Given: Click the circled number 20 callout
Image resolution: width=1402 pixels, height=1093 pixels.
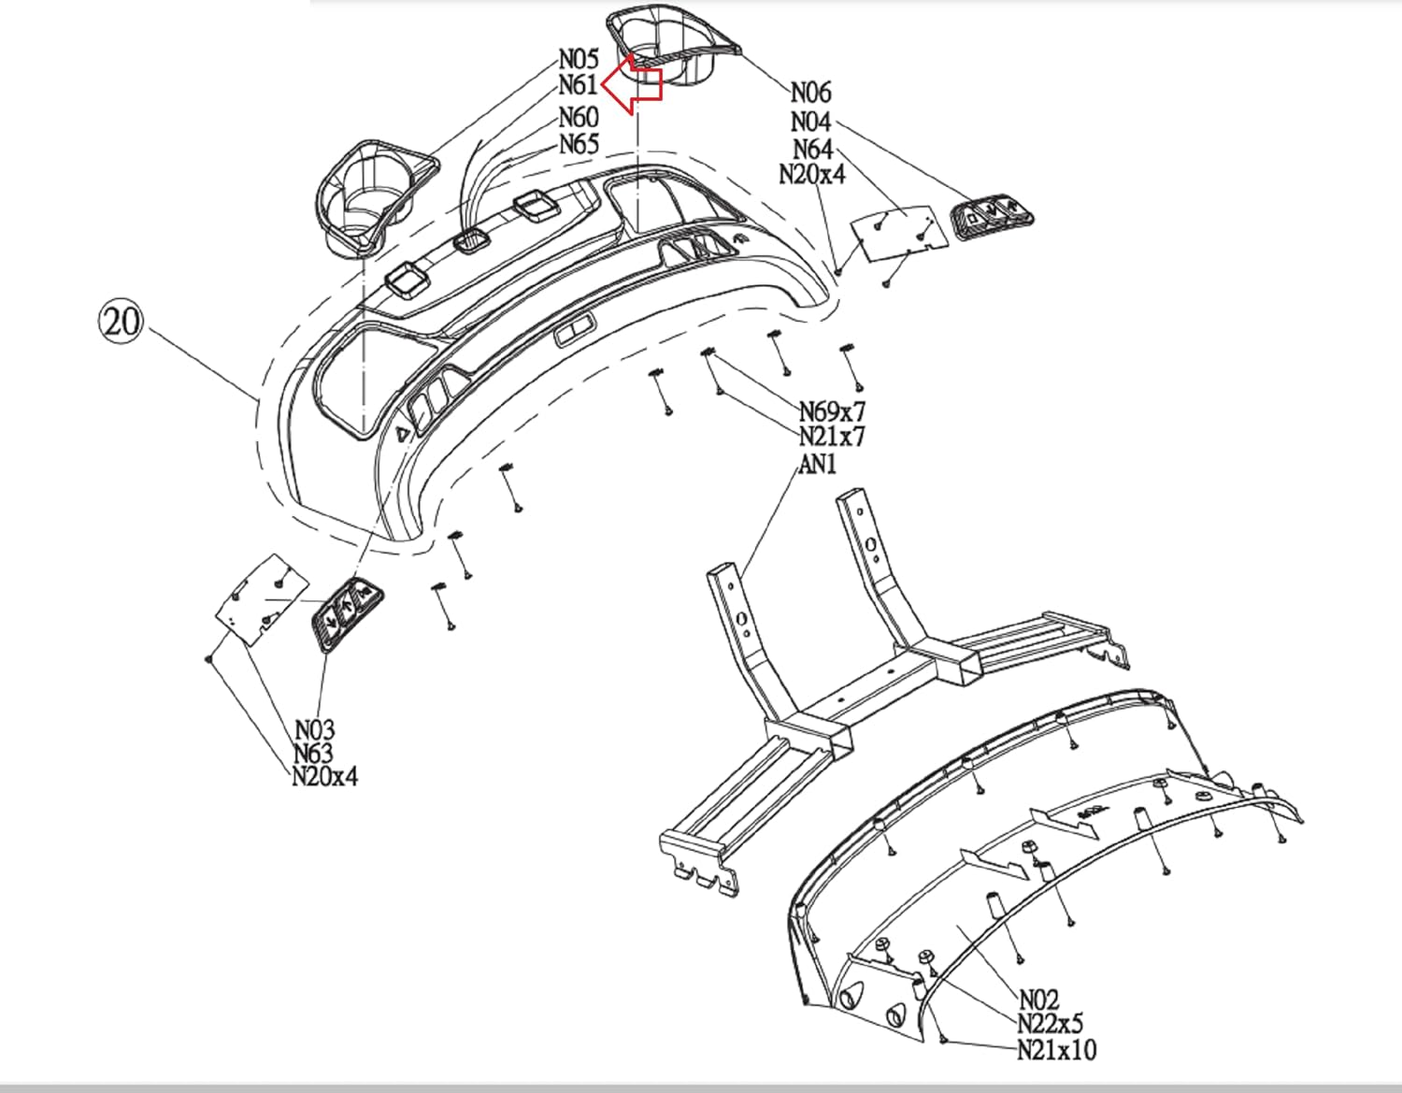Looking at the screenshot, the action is pyautogui.click(x=121, y=322).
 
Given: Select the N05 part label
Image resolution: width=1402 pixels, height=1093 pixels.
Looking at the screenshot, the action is pyautogui.click(x=579, y=60).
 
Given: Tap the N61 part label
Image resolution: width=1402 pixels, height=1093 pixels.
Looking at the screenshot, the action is pyautogui.click(x=579, y=85).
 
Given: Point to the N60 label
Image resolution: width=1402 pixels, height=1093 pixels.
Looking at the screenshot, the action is pyautogui.click(x=579, y=118).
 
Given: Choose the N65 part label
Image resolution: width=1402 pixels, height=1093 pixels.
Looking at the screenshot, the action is pyautogui.click(x=579, y=144).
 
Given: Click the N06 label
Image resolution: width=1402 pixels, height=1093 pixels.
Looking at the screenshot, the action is pyautogui.click(x=810, y=93).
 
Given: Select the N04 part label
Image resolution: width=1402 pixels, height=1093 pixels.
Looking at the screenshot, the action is pyautogui.click(x=810, y=122).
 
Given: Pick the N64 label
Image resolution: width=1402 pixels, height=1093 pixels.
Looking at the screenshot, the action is pyautogui.click(x=812, y=149).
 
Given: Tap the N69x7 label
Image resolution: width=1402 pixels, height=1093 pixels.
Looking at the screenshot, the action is pyautogui.click(x=832, y=411).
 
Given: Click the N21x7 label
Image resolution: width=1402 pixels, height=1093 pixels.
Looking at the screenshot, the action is pyautogui.click(x=832, y=436).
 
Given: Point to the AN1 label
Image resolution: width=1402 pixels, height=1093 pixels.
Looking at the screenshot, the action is pyautogui.click(x=818, y=463).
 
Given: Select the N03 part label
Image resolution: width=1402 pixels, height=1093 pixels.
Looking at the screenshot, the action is pyautogui.click(x=314, y=729).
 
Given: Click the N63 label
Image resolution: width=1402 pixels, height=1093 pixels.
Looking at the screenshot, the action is pyautogui.click(x=314, y=753).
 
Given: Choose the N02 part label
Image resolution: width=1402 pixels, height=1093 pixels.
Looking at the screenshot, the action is pyautogui.click(x=1038, y=1000).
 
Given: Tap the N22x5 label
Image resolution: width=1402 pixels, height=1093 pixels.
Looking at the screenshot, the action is pyautogui.click(x=1050, y=1024).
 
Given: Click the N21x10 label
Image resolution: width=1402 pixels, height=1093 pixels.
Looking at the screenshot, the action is pyautogui.click(x=1056, y=1049).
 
